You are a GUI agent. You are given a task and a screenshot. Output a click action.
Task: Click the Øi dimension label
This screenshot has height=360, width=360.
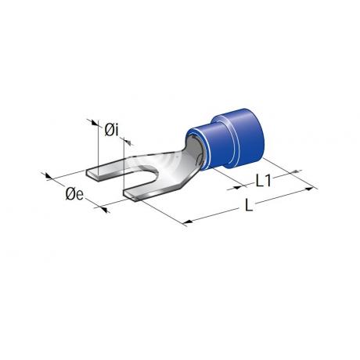point(112,130)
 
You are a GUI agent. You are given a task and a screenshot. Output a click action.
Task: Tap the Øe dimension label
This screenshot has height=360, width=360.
point(74,194)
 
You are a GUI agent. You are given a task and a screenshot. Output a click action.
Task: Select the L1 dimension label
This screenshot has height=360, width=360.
point(264,182)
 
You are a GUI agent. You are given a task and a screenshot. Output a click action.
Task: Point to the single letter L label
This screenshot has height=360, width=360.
point(249,205)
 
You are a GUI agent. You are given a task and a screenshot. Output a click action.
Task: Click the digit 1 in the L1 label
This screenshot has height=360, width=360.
point(268,182)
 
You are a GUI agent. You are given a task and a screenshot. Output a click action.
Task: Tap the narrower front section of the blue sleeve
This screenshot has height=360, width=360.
point(206,146)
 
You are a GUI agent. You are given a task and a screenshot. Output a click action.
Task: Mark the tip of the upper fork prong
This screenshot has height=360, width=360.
point(93,175)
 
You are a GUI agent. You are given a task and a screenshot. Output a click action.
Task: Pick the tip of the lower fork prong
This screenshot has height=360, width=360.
point(130,196)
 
